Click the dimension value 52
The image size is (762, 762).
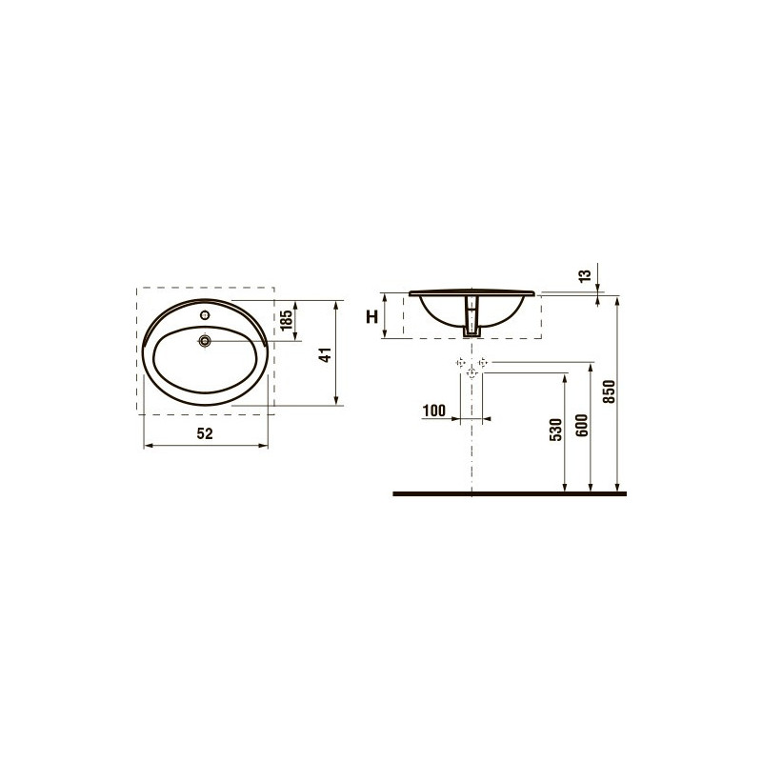205,433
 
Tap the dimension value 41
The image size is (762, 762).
325,354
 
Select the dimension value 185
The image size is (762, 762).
287,320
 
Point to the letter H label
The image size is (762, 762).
371,317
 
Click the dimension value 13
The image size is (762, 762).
586,275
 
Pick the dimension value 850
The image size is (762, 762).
609,391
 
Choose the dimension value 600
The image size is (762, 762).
582,425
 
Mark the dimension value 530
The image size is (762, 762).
556,430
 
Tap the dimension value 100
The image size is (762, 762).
434,411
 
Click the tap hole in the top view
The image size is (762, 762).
205,315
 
